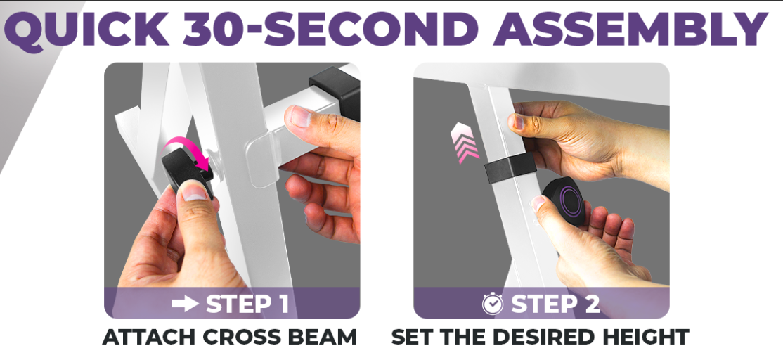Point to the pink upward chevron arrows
click(x=464, y=143)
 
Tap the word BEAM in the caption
click(x=328, y=337)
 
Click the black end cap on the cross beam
click(x=336, y=91)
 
